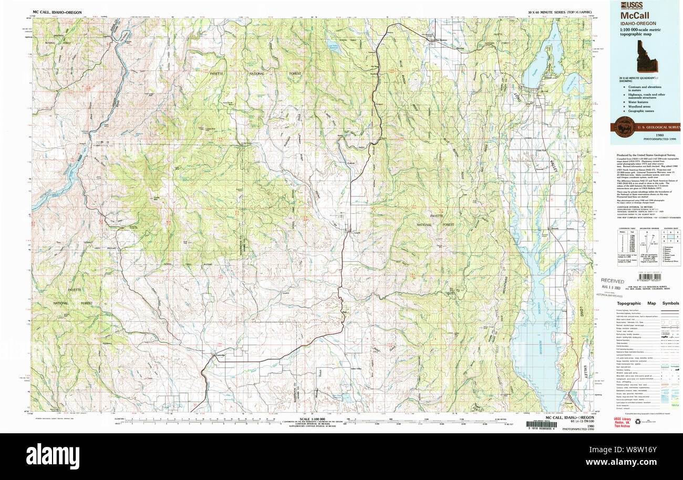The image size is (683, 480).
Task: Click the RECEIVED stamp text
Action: [x=613, y=281]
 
